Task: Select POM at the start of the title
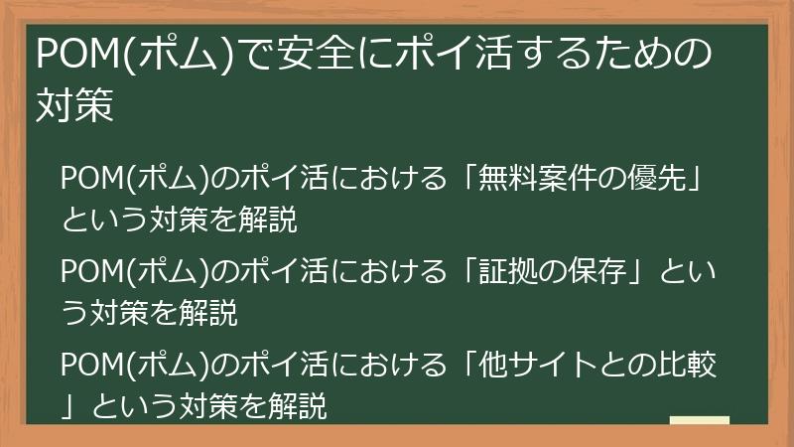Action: tap(74, 54)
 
